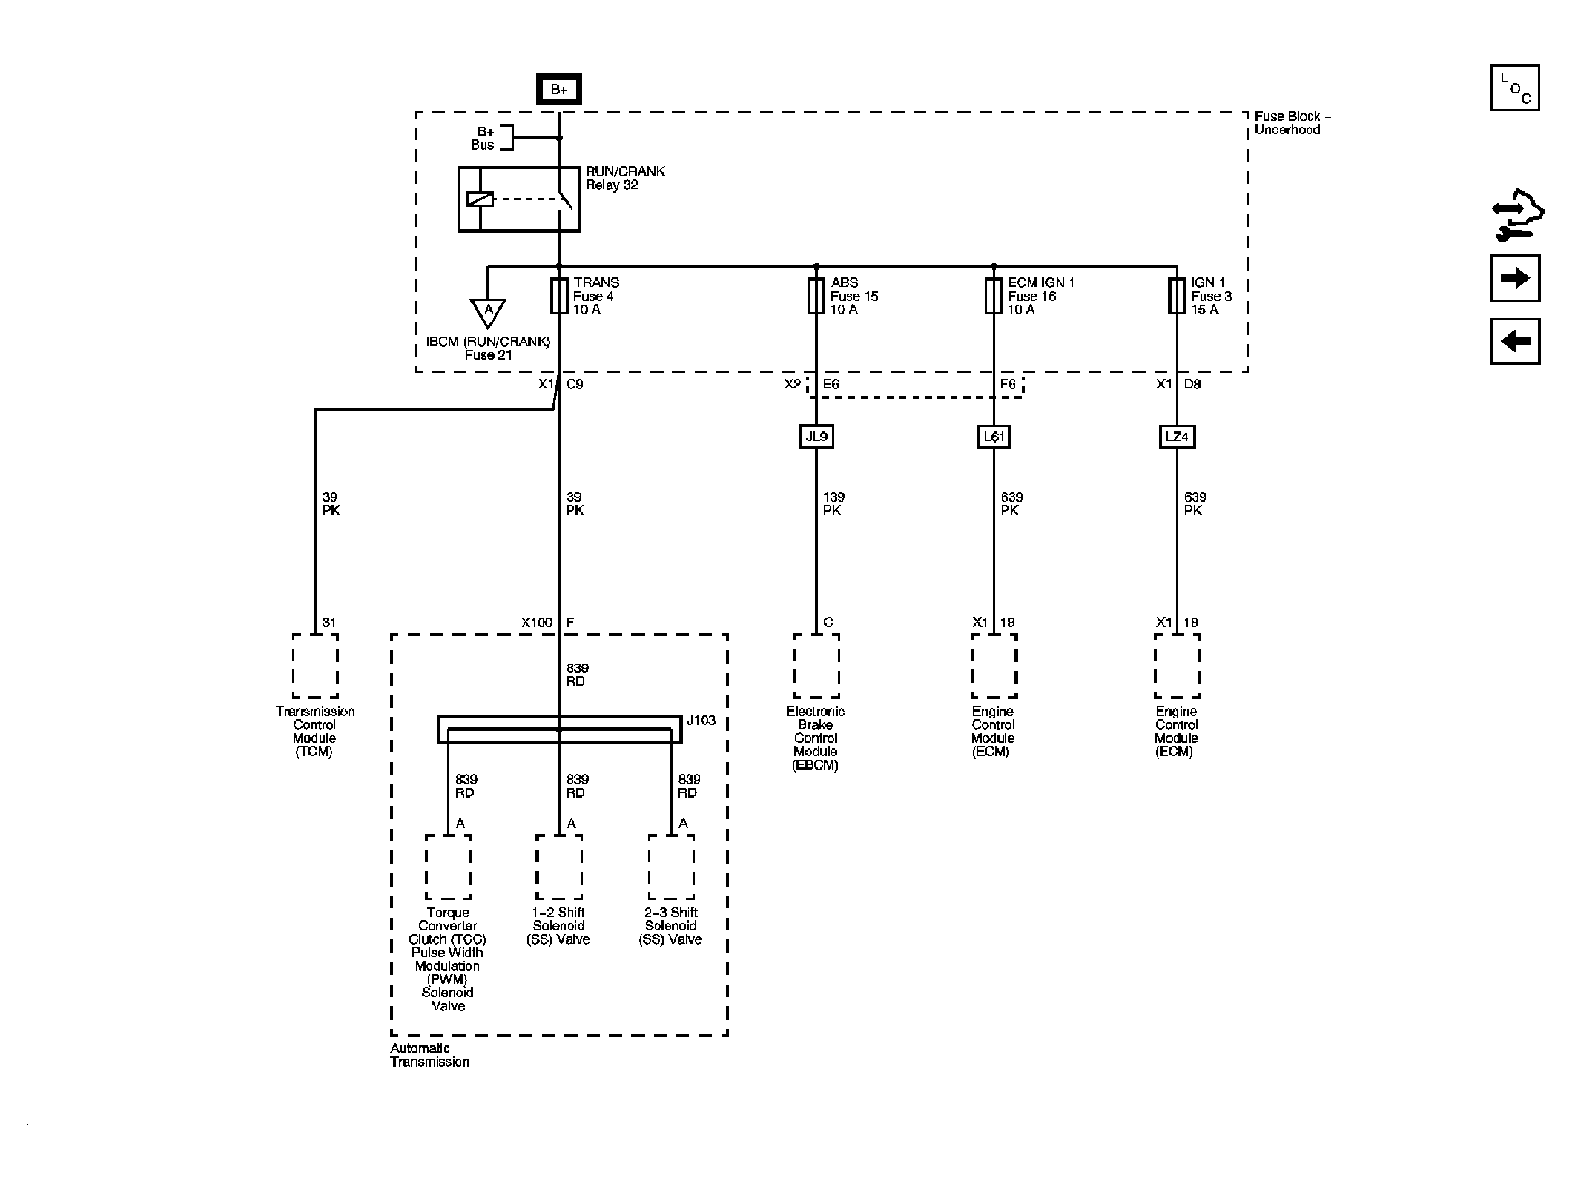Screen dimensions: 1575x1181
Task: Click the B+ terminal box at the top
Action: [559, 90]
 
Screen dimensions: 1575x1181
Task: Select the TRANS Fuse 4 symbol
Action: [559, 296]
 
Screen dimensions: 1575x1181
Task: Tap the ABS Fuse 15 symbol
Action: [816, 296]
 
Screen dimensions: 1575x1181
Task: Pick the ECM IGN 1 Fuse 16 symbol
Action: [994, 296]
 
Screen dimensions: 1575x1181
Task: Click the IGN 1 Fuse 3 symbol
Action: [1177, 296]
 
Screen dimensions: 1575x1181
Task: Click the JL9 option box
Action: [816, 437]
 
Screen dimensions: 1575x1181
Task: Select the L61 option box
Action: [994, 437]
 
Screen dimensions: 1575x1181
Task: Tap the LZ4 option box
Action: [1177, 437]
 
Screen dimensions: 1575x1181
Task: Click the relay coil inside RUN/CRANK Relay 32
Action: [480, 199]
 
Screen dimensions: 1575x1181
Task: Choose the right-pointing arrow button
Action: [1515, 278]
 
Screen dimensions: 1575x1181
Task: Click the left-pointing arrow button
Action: [1515, 341]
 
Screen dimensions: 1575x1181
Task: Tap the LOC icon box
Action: [1515, 87]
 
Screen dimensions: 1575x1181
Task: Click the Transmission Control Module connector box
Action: [315, 666]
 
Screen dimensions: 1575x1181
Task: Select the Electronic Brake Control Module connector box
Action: [816, 666]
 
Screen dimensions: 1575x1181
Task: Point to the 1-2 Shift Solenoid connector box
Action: [559, 867]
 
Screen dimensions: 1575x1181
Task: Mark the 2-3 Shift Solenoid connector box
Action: [671, 867]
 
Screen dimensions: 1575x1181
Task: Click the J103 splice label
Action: [701, 720]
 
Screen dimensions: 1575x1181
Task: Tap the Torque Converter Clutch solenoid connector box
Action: [448, 867]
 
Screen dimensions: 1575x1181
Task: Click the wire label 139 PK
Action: [833, 504]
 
